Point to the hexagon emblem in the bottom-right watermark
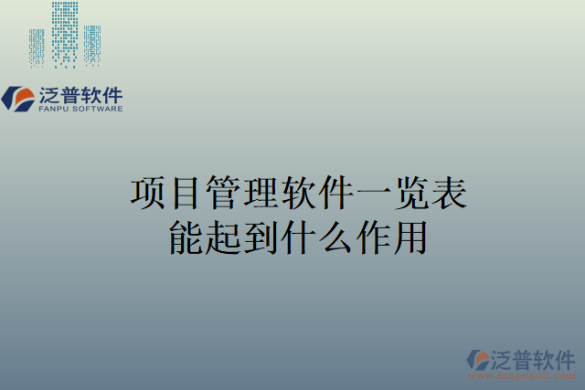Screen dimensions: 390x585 pyautogui.click(x=478, y=360)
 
